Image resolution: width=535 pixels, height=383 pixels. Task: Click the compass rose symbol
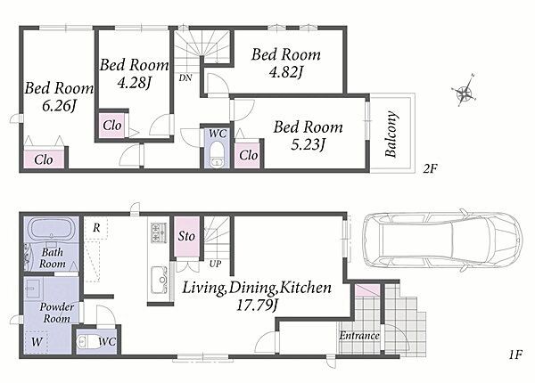[464, 92]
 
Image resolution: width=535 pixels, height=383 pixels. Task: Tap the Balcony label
[391, 134]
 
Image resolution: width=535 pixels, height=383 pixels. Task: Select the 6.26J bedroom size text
[59, 106]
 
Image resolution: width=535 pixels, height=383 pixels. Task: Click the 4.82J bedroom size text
[286, 72]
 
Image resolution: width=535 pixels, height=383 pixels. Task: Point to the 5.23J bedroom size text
[308, 144]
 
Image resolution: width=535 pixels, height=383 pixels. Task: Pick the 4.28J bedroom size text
[134, 82]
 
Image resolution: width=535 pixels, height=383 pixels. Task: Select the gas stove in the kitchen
[159, 232]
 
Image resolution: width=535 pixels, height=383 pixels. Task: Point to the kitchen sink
[159, 280]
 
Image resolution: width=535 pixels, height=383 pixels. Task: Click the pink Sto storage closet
[186, 236]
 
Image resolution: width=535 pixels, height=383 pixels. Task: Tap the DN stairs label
[185, 77]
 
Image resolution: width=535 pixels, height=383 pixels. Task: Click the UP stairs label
[215, 264]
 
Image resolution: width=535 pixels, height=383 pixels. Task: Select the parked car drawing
[442, 240]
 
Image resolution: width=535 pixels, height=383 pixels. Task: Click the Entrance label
[359, 336]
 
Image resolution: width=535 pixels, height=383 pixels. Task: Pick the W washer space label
[37, 341]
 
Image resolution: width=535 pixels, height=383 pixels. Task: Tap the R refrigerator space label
[96, 228]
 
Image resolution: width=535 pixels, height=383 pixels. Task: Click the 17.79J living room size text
[257, 306]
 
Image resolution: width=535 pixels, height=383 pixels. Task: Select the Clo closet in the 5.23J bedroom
[249, 154]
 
